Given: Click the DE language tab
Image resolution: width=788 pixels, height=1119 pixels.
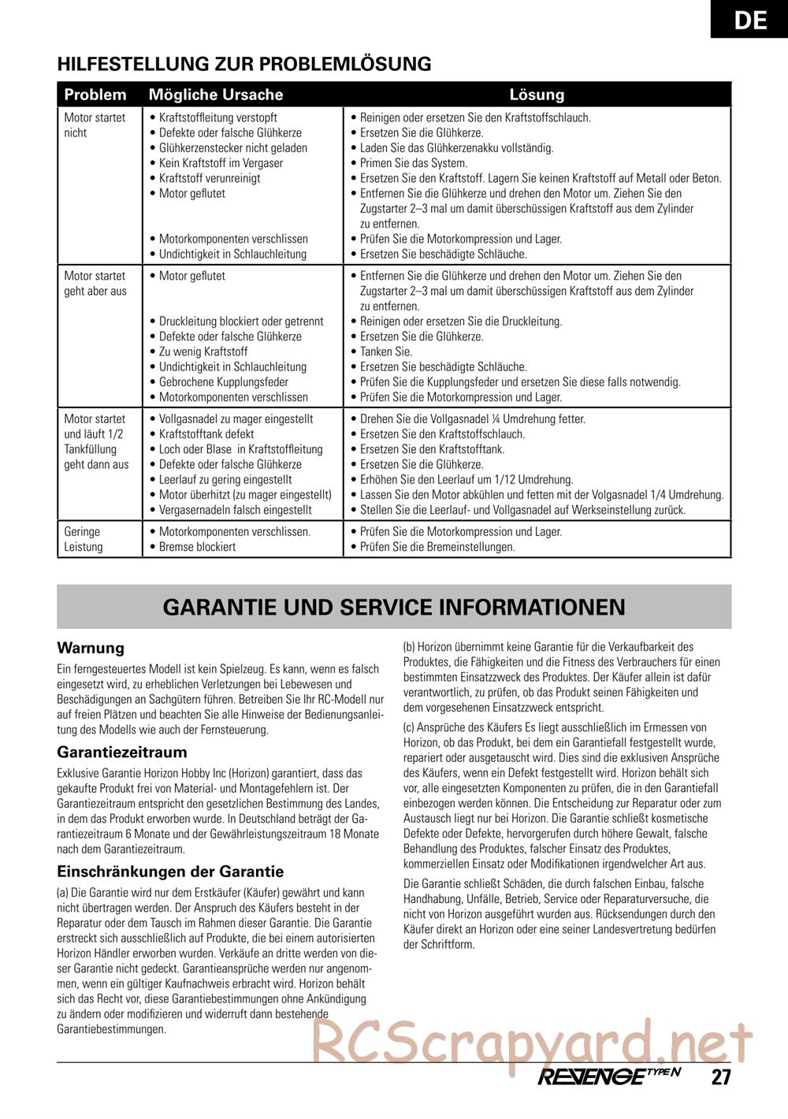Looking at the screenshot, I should pos(749,19).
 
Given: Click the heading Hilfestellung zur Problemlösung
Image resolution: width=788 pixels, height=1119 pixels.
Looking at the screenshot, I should pos(244,64).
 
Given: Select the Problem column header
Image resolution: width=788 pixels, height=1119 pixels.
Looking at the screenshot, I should pos(95,95).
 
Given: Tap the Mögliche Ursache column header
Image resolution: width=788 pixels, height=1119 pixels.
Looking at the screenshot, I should pos(216,95).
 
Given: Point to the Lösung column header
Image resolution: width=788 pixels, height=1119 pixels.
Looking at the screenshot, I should pos(537,95).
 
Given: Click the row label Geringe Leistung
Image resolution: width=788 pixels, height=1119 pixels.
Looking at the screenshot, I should pos(84,539).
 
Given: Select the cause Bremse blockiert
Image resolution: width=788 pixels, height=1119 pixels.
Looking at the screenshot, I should pos(197,547).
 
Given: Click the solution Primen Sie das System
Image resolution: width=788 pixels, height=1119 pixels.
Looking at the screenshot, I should pos(413,163).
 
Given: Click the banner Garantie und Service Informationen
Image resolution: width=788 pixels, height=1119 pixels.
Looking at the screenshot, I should pos(394,607).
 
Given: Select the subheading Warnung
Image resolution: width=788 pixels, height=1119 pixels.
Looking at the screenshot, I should pos(91,648).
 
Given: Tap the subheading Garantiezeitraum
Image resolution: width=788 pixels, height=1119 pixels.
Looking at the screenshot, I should pos(122,752).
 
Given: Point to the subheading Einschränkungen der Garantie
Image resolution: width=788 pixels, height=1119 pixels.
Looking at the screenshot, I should pos(170,872).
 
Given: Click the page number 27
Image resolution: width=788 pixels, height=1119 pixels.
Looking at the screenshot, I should pos(719,1078).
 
